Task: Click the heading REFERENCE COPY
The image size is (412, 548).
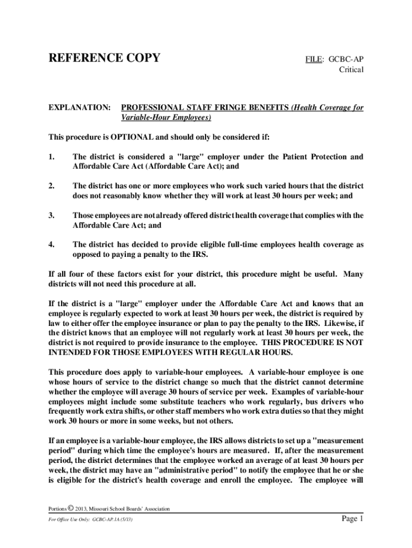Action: [x=104, y=58]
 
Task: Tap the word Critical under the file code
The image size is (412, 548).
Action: [x=351, y=70]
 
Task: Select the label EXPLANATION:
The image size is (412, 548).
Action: [x=80, y=108]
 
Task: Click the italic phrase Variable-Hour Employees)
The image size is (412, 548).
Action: [x=166, y=118]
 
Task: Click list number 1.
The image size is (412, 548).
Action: [x=51, y=157]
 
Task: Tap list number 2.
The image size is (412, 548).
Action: [x=51, y=186]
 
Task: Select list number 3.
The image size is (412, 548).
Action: [x=51, y=215]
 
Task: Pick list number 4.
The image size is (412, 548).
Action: [x=51, y=245]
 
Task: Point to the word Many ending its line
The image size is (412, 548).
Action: [x=353, y=274]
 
